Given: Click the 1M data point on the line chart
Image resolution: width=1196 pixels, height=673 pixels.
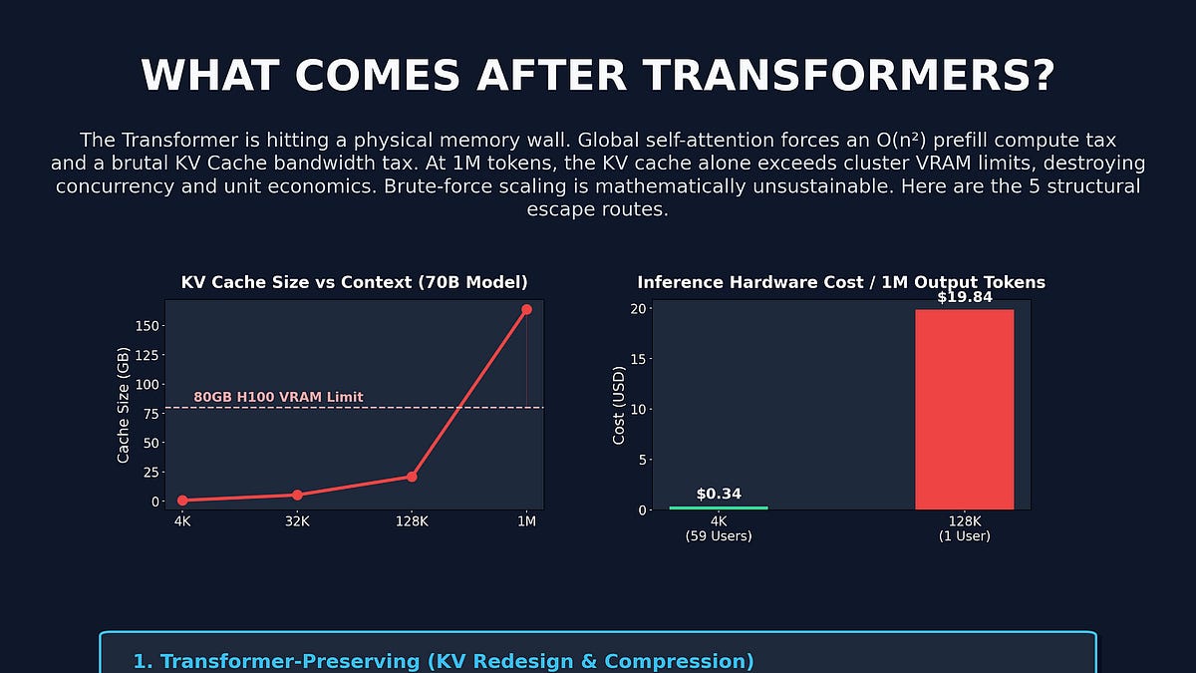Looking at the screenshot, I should tap(526, 310).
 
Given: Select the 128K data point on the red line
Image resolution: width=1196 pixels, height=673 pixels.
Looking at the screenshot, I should tap(412, 477).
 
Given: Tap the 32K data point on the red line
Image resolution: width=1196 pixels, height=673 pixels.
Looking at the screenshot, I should tap(297, 495).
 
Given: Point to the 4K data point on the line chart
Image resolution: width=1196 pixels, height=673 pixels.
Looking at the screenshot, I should tap(182, 501).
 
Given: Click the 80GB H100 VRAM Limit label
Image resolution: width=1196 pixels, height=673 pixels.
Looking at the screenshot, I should tap(278, 397).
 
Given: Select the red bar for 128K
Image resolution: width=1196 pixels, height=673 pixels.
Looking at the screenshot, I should tap(964, 409).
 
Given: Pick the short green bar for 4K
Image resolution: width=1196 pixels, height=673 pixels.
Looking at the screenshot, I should tap(719, 507).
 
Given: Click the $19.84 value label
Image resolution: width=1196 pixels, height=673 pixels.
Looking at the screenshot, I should tap(964, 297).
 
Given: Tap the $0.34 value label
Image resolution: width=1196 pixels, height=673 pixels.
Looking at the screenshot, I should tap(719, 494).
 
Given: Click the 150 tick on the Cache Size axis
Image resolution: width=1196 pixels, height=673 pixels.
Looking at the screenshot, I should tap(147, 326).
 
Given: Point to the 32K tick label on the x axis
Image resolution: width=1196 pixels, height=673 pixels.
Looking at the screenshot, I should tap(297, 521).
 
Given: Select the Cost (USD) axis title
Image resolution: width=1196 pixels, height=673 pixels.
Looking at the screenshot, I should tap(619, 409).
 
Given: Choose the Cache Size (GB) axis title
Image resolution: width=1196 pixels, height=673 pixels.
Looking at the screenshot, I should tap(124, 405).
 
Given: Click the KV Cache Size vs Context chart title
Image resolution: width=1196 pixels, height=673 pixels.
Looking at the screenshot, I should tap(354, 282).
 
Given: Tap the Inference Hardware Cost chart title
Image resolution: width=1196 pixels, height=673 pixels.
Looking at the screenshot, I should tap(841, 282).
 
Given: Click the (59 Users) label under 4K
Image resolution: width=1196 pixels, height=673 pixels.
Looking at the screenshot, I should tap(719, 536).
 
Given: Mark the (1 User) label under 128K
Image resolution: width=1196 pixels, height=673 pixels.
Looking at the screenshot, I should tap(964, 536).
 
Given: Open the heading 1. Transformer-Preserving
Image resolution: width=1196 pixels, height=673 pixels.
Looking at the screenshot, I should tap(444, 661).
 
